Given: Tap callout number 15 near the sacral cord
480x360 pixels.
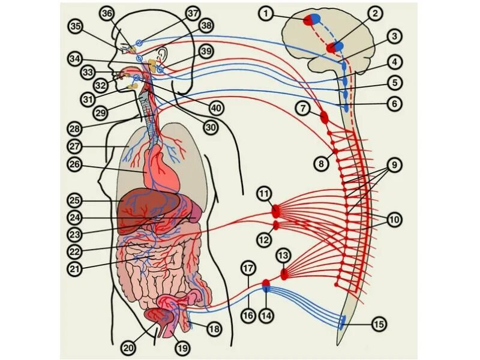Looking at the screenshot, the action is pyautogui.click(x=379, y=325).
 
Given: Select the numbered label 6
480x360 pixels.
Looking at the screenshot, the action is pyautogui.click(x=393, y=104).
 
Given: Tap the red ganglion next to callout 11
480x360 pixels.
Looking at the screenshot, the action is pyautogui.click(x=276, y=211).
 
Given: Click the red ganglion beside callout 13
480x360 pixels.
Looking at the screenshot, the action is pyautogui.click(x=284, y=274).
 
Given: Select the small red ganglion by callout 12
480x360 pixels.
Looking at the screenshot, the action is pyautogui.click(x=276, y=226).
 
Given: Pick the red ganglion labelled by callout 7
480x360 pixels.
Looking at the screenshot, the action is pyautogui.click(x=325, y=116).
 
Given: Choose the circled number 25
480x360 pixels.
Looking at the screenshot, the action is pyautogui.click(x=74, y=199).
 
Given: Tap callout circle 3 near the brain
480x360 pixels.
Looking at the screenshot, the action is pyautogui.click(x=393, y=36).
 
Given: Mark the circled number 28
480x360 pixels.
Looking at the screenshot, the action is pyautogui.click(x=74, y=128).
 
